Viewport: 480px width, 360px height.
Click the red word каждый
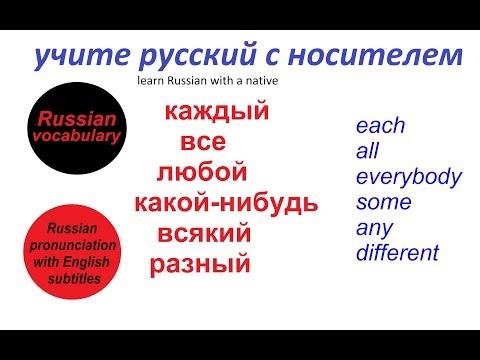[x=216, y=112]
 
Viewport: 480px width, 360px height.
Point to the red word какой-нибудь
[x=226, y=204]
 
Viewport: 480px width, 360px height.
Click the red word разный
[x=199, y=266]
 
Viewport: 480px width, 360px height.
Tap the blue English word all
[x=367, y=152]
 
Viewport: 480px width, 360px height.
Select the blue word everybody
[x=408, y=178]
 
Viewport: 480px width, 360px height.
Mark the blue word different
[x=397, y=253]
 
